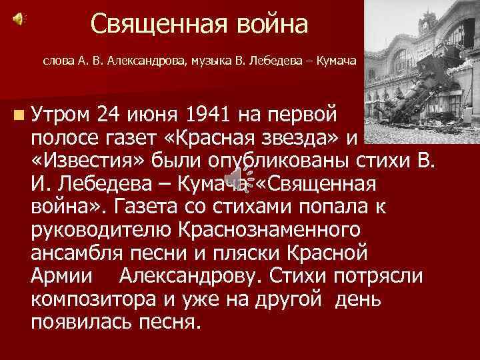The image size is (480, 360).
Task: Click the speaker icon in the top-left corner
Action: pyautogui.click(x=19, y=19)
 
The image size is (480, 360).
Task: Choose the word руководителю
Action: pyautogui.click(x=100, y=229)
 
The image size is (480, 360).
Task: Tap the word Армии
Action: pyautogui.click(x=61, y=275)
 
